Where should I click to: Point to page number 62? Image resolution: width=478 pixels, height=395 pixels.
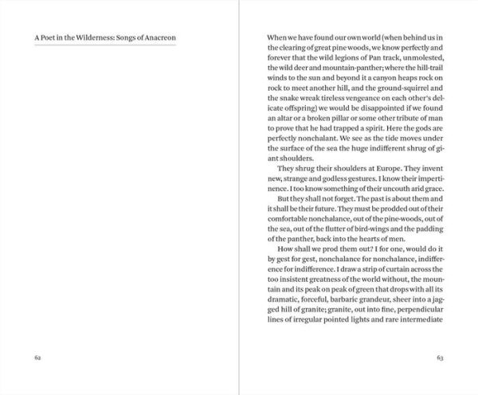(37, 358)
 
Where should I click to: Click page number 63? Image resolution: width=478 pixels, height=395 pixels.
(439, 358)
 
